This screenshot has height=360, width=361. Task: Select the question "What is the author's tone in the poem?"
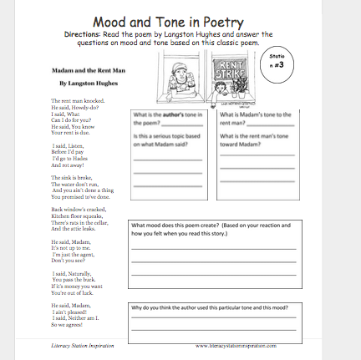coord(164,119)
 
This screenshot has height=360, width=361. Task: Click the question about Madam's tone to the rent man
coord(249,119)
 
